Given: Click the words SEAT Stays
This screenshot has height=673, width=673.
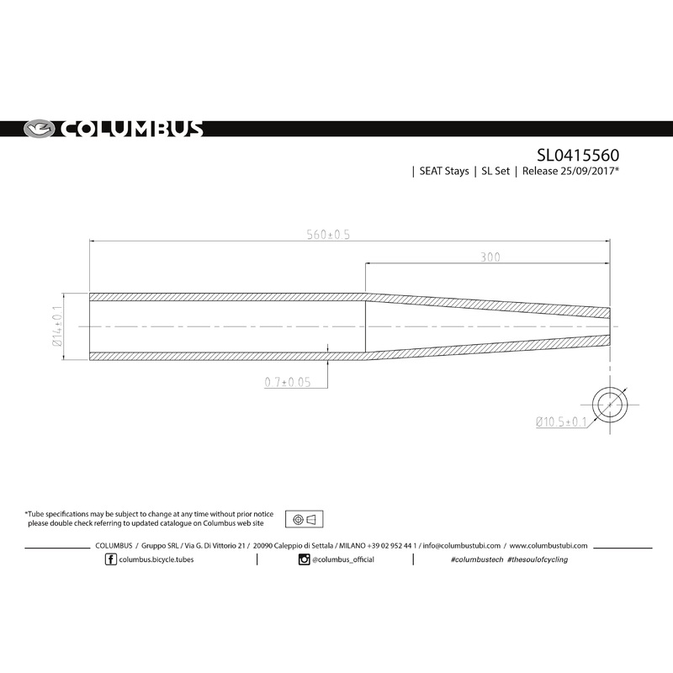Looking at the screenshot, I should pos(443,172).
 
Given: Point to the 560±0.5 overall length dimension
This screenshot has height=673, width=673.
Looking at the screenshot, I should pos(327,235).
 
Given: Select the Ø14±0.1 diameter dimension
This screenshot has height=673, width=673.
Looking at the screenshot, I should pos(58,326).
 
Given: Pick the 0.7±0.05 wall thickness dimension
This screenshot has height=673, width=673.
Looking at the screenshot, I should pos(288,382).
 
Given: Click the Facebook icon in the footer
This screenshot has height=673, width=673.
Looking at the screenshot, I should pos(111,560).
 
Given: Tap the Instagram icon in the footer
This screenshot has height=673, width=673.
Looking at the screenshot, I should pos(304,560).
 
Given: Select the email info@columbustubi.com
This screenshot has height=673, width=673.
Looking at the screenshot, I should pos(462,545).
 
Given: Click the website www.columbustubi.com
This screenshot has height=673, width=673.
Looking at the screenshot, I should pos(548,545).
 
